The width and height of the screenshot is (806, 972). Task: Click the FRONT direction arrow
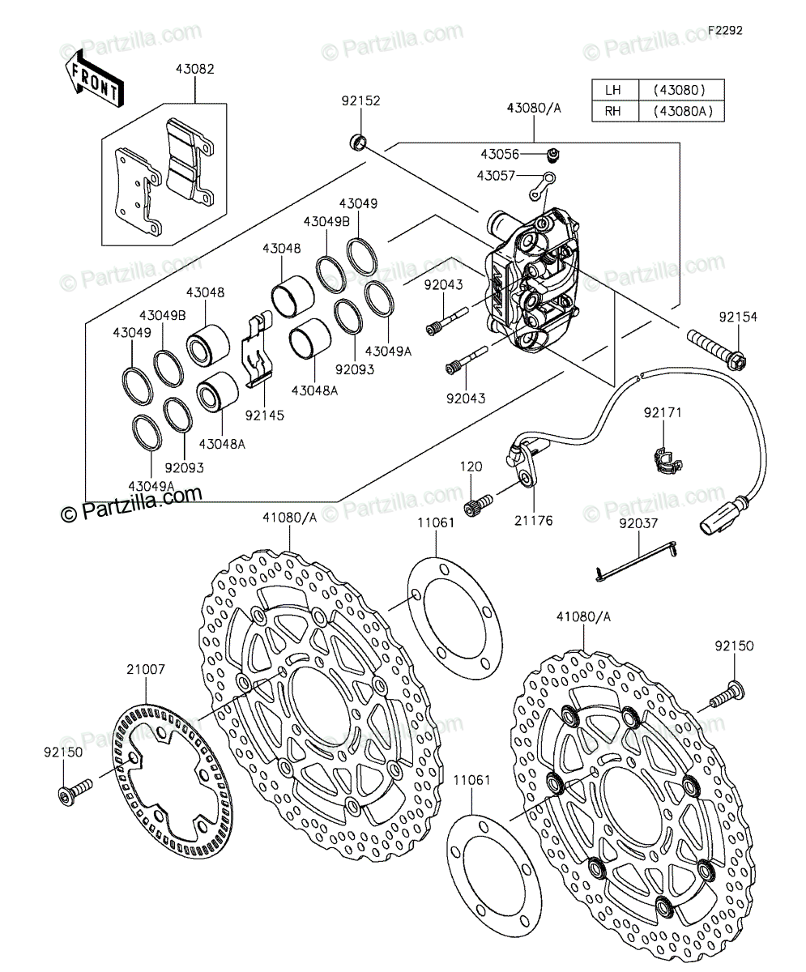[95, 79]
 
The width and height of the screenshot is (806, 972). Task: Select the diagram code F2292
[725, 30]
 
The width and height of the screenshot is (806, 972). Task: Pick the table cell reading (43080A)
[683, 111]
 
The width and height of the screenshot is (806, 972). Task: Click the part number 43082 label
[194, 69]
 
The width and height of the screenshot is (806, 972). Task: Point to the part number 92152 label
[360, 101]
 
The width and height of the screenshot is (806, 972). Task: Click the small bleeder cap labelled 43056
[553, 155]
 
